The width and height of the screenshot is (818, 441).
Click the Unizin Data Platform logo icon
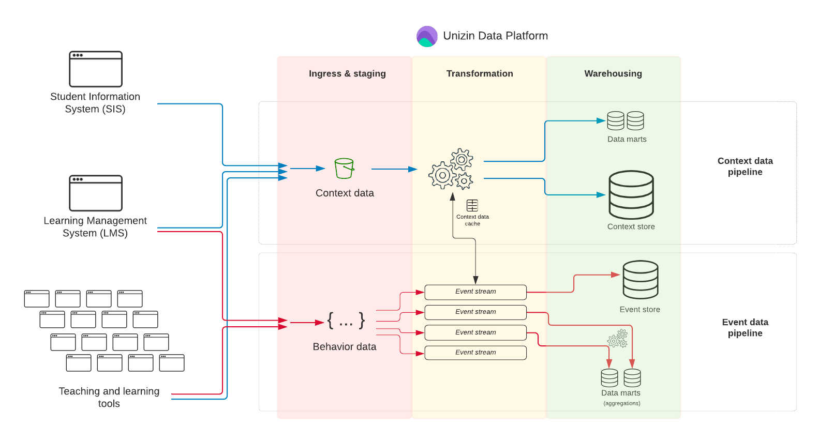click(x=427, y=36)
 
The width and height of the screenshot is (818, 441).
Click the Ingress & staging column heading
click(x=347, y=73)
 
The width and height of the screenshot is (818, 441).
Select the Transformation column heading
click(x=480, y=73)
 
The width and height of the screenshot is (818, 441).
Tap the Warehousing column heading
click(x=613, y=73)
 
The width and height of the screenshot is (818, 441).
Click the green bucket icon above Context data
click(x=344, y=169)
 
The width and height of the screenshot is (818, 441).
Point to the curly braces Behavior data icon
click(x=346, y=321)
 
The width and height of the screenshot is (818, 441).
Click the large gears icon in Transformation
click(x=451, y=169)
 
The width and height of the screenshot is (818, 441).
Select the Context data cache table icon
click(x=472, y=205)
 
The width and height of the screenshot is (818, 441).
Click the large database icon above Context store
click(x=631, y=195)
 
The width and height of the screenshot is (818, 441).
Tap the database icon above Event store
click(x=641, y=280)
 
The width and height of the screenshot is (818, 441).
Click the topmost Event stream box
click(x=475, y=292)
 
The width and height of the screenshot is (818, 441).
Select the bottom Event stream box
click(x=475, y=353)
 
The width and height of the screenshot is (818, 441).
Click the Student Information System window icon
click(x=96, y=69)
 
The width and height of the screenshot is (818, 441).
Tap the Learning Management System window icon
click(x=96, y=193)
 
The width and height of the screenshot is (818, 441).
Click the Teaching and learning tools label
click(x=109, y=397)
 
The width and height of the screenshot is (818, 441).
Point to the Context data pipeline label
click(x=745, y=166)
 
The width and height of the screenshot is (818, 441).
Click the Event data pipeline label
click(x=745, y=328)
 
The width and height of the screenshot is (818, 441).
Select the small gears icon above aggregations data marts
click(x=618, y=339)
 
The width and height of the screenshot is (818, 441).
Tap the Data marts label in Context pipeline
click(x=627, y=139)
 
